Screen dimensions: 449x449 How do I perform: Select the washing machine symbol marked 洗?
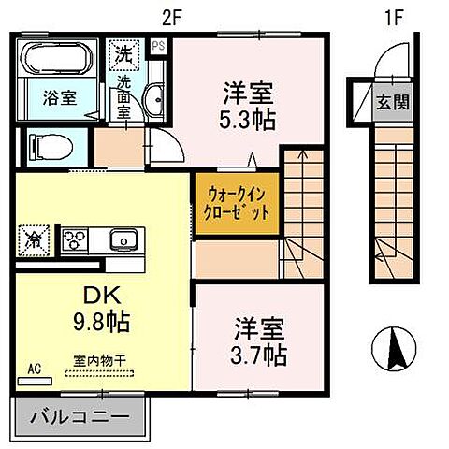(123, 53)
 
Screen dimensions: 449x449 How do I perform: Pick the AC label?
(35, 368)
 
